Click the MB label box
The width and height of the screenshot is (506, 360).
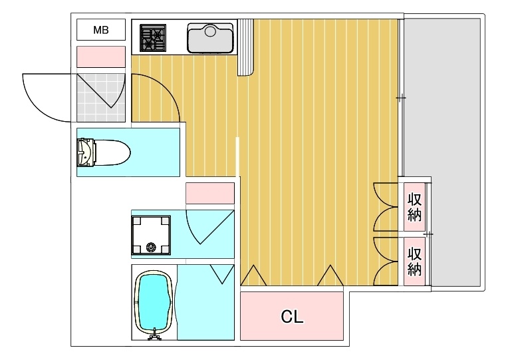(x=100, y=30)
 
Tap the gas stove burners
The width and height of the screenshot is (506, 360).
(x=153, y=38)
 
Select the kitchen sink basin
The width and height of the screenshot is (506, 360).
(x=210, y=38)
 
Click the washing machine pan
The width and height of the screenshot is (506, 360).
(x=151, y=235)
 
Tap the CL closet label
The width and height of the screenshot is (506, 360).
(x=292, y=317)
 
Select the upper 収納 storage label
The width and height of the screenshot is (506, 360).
(x=414, y=207)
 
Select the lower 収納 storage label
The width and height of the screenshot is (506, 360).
(x=414, y=262)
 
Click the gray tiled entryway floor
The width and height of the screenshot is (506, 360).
(x=100, y=98)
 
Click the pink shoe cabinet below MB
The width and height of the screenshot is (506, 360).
(x=100, y=57)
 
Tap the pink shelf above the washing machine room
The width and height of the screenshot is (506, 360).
(x=210, y=193)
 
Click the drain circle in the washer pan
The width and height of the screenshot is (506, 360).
(x=150, y=248)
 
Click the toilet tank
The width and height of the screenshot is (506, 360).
(x=86, y=153)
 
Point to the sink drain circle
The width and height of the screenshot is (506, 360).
(x=210, y=31)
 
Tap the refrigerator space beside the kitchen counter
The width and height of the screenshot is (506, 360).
(x=245, y=47)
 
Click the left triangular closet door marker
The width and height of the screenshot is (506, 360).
(x=253, y=275)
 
